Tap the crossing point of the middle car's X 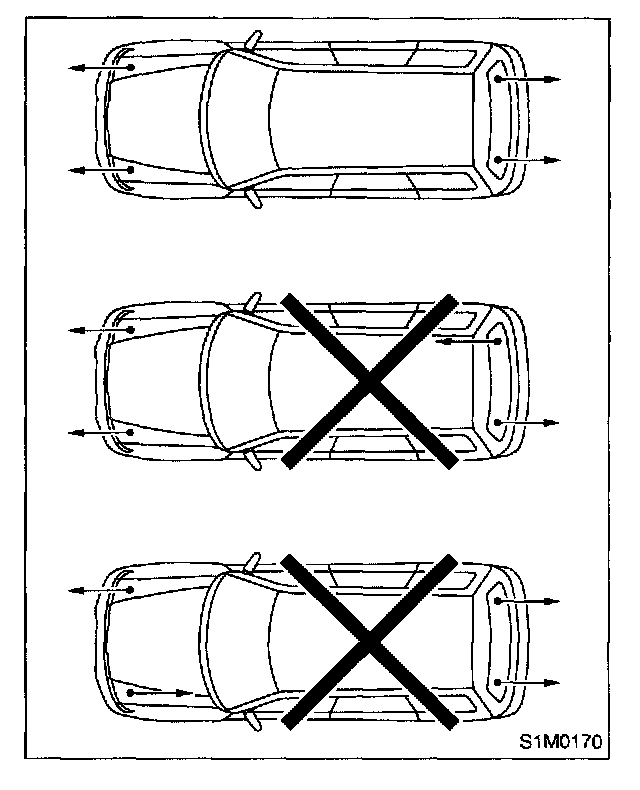pos(370,381)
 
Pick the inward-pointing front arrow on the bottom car pos(159,691)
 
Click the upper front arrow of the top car pos(100,67)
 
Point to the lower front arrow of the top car pos(100,170)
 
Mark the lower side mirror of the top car pos(253,198)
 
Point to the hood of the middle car pos(155,381)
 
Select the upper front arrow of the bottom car pos(100,591)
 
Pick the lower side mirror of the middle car pos(252,459)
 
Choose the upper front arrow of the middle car pos(100,328)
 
